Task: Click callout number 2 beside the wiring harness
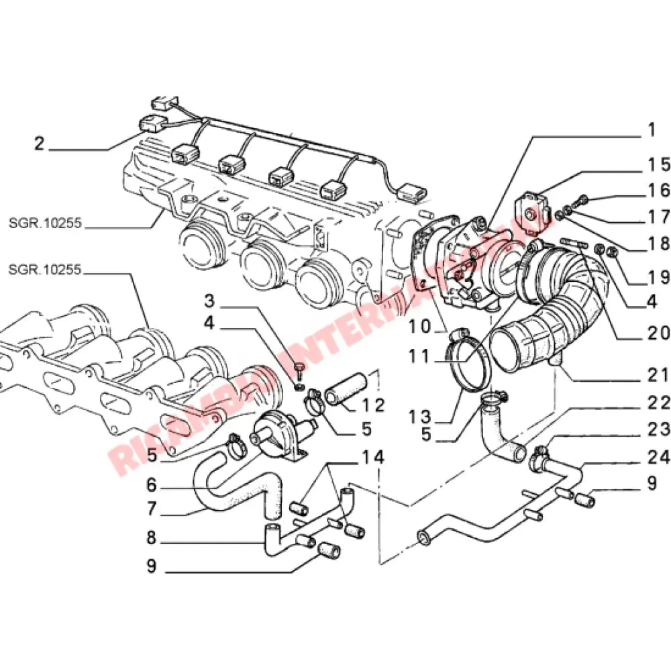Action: point(40,143)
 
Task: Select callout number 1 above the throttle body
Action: point(650,130)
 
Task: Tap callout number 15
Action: point(658,165)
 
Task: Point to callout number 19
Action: point(658,276)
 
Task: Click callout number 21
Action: point(658,375)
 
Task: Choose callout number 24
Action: point(658,458)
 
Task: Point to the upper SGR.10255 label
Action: point(45,223)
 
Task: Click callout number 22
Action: point(658,403)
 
